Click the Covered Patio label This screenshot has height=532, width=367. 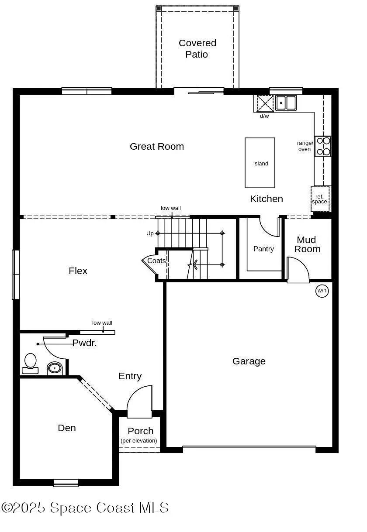(x=197, y=49)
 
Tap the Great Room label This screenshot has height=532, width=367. (x=156, y=147)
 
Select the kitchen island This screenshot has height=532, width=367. (x=260, y=163)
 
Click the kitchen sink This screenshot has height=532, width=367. (x=285, y=103)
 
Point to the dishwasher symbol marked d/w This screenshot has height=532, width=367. (x=264, y=103)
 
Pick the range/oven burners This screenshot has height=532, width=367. (x=323, y=146)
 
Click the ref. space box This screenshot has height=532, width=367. (x=320, y=199)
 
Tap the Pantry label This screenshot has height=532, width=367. (x=263, y=249)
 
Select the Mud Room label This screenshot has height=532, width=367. (x=307, y=244)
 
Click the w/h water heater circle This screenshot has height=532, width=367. (x=322, y=291)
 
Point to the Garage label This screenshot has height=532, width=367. (x=249, y=361)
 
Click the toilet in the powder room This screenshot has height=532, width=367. (x=30, y=363)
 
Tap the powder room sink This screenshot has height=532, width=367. (x=54, y=368)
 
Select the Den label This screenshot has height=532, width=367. (x=67, y=428)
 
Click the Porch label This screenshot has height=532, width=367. (x=140, y=431)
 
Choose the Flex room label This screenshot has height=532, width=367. (x=78, y=271)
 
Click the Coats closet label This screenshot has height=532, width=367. (x=156, y=261)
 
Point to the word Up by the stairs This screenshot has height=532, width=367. (x=150, y=233)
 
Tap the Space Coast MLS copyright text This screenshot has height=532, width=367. (x=85, y=508)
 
